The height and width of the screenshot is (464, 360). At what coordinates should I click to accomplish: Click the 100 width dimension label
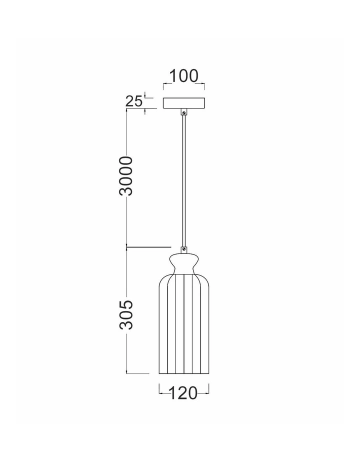[183, 76]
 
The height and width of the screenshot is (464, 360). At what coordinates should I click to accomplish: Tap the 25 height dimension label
[133, 101]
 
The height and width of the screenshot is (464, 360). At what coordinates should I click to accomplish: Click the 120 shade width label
[183, 393]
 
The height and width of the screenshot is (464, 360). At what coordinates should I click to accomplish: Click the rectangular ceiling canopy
[184, 103]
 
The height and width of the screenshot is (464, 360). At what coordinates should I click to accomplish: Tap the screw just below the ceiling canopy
[184, 112]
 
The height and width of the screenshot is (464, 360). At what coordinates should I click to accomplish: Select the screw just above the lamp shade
[184, 249]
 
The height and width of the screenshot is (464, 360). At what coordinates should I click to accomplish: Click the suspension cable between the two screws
[184, 181]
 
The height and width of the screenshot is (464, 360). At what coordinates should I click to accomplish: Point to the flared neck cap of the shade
[183, 263]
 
